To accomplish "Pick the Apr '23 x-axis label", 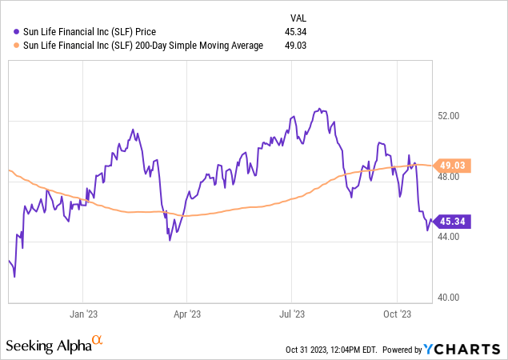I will pyautogui.click(x=186, y=314).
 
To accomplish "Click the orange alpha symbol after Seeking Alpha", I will pyautogui.click(x=97, y=342).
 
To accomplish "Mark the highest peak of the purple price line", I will pyautogui.click(x=319, y=108).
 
